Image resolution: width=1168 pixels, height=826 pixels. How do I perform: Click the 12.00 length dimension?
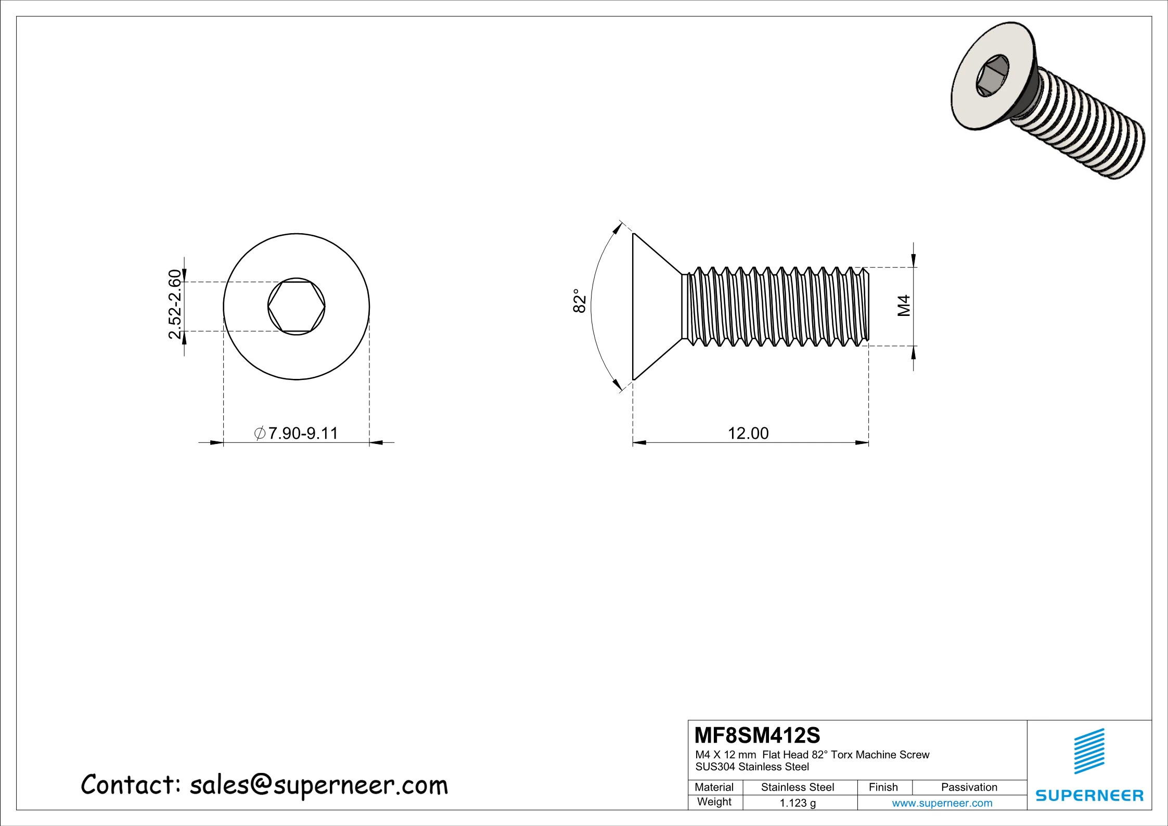pos(748,433)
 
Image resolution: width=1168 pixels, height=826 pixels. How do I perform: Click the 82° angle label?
pos(580,300)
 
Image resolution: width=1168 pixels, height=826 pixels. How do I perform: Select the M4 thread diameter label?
pos(904,306)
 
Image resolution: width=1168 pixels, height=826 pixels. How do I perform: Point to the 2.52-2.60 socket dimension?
pos(175,304)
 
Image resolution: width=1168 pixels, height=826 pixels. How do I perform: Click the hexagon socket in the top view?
pos(297,307)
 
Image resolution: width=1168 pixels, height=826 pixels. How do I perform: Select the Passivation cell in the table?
pos(969,787)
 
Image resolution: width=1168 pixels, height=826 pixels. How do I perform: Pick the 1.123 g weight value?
pos(798,803)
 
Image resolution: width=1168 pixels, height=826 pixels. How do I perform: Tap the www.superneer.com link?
pos(942,803)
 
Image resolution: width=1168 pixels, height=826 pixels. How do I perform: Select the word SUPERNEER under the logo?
pos(1089,795)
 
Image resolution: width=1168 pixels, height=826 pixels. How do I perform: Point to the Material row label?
pos(714,787)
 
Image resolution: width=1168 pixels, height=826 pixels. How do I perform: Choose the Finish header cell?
pos(883,787)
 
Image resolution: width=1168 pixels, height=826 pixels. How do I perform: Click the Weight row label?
pos(714,802)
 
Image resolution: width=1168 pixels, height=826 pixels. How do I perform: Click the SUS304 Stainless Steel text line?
pos(752,767)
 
